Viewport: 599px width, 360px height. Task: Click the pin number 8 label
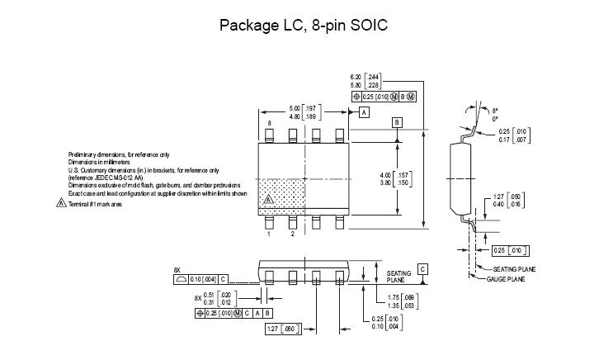pyautogui.click(x=269, y=124)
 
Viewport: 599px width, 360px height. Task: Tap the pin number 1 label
pyautogui.click(x=269, y=234)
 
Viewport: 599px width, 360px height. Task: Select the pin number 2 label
pyautogui.click(x=292, y=234)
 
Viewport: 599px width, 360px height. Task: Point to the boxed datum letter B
pyautogui.click(x=397, y=123)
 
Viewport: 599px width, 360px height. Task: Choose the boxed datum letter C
pyautogui.click(x=422, y=269)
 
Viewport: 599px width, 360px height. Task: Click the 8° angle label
pyautogui.click(x=495, y=110)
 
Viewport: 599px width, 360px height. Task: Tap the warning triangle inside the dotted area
pyautogui.click(x=267, y=200)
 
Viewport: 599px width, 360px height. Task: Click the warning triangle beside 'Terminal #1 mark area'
pyautogui.click(x=61, y=204)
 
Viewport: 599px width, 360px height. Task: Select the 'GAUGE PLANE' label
pyautogui.click(x=507, y=279)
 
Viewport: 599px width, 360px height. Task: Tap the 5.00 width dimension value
pyautogui.click(x=294, y=109)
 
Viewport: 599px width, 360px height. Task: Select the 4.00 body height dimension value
pyautogui.click(x=384, y=175)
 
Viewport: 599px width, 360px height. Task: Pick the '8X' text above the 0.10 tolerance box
pyautogui.click(x=177, y=270)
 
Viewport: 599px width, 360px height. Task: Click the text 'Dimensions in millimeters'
pyautogui.click(x=100, y=162)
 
